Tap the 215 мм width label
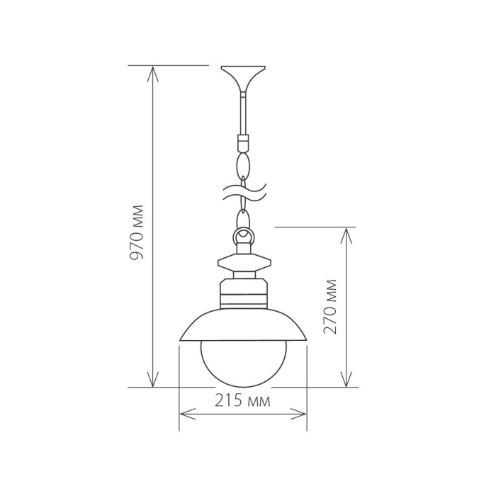[242, 402]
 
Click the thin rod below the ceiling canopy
[243, 113]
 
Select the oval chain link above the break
[243, 167]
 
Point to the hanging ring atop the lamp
[243, 235]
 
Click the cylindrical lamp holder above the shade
[243, 294]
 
